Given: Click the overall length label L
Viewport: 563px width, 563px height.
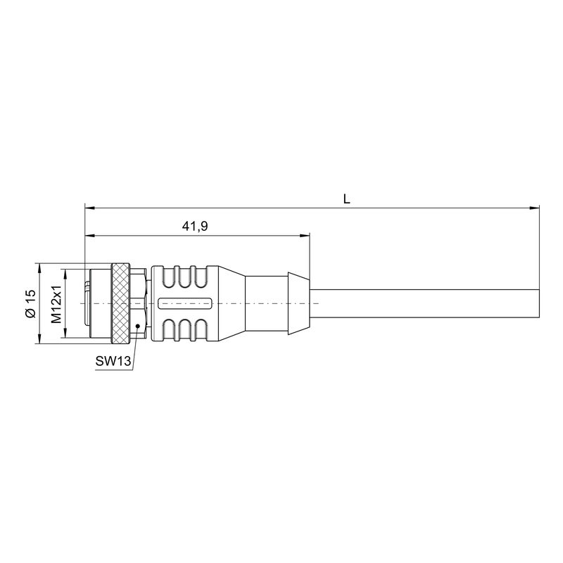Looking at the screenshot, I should click(346, 199).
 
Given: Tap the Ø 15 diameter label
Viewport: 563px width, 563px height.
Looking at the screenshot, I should click(30, 304).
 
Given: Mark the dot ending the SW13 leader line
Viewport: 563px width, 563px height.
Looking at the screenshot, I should click(138, 324).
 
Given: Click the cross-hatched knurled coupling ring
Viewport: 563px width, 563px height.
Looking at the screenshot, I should click(121, 304).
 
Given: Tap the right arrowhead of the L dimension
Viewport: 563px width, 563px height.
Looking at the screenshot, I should click(535, 208).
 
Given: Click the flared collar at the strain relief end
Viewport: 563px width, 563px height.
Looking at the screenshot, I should click(298, 304).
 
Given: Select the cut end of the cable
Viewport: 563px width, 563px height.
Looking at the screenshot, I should click(538, 304).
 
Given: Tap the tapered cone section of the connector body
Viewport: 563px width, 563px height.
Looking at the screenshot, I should click(229, 304).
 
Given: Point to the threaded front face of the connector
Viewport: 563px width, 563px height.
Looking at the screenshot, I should click(87, 304).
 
